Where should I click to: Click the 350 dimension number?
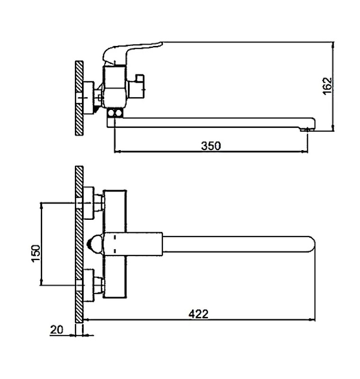[x=211, y=146]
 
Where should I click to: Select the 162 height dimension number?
[x=328, y=86]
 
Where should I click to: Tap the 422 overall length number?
[x=198, y=314]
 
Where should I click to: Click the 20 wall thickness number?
[x=57, y=329]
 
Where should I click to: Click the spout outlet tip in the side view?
[x=307, y=130]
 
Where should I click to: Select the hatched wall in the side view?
[x=79, y=98]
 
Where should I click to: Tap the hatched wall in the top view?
[x=79, y=244]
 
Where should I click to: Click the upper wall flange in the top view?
[x=89, y=203]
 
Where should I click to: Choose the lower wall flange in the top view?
[x=89, y=285]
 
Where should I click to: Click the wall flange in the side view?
[x=89, y=98]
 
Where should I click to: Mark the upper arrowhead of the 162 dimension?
[x=333, y=44]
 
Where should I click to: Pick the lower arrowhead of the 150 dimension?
[x=42, y=282]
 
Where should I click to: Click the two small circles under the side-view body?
[x=115, y=113]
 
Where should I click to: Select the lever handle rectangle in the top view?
[x=133, y=244]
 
